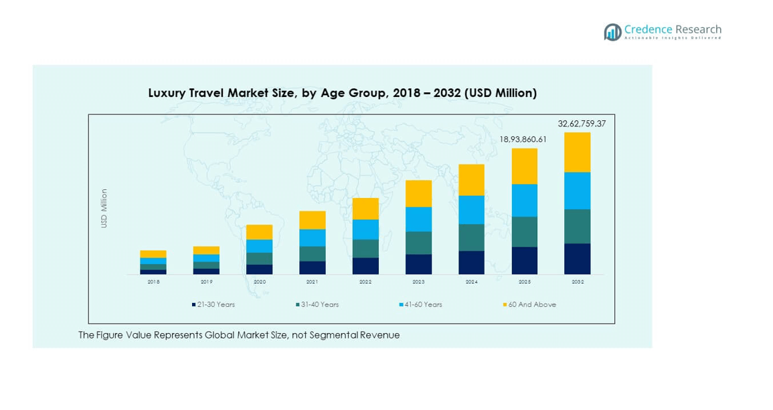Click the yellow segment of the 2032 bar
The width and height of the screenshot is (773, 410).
click(577, 152)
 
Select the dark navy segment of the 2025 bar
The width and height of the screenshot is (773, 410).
click(524, 260)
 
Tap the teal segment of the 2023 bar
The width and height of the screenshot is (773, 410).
click(418, 243)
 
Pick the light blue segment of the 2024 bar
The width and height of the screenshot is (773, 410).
click(471, 209)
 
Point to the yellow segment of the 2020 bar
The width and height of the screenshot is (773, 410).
click(259, 232)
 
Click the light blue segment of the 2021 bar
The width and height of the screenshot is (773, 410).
click(312, 237)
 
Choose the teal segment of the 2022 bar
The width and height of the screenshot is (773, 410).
click(365, 248)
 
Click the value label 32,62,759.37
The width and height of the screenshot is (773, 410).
click(582, 124)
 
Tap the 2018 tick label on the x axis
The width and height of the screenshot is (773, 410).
click(153, 282)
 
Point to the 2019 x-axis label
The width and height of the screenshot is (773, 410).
click(206, 282)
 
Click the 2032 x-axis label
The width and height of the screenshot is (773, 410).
click(578, 282)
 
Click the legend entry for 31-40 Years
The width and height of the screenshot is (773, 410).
click(319, 305)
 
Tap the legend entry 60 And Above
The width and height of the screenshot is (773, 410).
click(531, 305)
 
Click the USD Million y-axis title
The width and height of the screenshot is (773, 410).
click(104, 209)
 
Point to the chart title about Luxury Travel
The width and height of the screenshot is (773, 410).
click(342, 93)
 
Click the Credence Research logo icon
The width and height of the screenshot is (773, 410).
click(612, 32)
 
